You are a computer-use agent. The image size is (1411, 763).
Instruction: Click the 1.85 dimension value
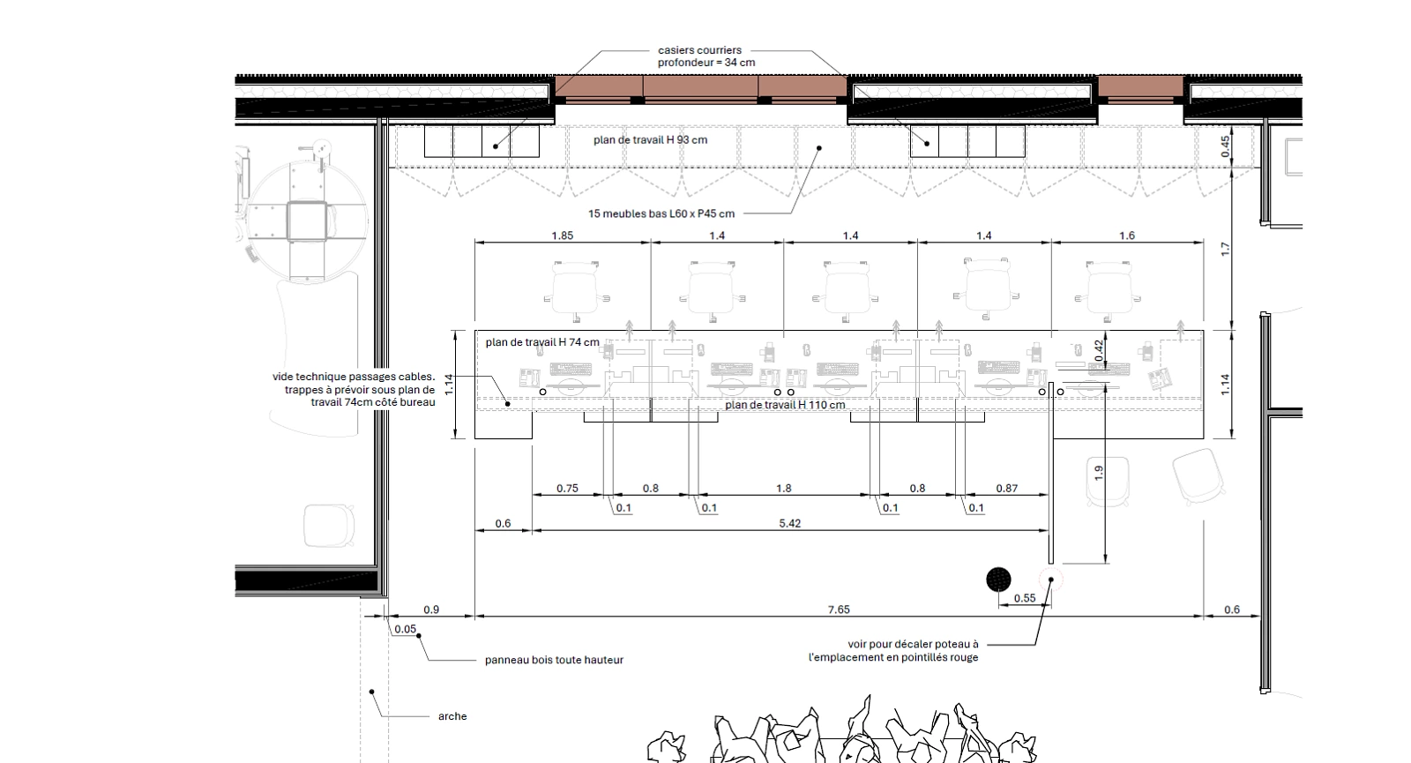[562, 236]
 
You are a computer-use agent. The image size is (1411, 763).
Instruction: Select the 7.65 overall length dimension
[839, 610]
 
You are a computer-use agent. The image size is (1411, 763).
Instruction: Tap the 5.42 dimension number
[789, 524]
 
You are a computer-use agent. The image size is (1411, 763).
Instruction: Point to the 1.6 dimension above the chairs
[1126, 236]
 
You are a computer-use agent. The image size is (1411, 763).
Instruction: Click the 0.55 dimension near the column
[1025, 598]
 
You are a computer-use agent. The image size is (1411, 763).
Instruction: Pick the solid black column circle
[998, 580]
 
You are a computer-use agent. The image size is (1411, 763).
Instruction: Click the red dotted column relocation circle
[1050, 580]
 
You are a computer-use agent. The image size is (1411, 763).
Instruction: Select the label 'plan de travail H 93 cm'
[650, 140]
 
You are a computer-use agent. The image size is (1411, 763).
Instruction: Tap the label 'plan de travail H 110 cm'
[785, 405]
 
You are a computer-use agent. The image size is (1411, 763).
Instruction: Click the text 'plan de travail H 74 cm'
[542, 342]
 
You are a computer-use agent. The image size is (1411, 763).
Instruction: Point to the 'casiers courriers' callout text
[699, 50]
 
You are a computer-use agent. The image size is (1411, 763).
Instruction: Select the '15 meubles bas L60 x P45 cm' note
[661, 213]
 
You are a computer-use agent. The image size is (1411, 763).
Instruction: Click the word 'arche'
[452, 716]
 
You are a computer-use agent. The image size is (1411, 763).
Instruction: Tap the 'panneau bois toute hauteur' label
[554, 660]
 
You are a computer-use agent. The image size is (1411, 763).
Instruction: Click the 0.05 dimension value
[406, 629]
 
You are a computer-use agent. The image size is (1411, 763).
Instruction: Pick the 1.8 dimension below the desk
[784, 489]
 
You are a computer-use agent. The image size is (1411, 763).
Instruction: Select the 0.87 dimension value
[1006, 489]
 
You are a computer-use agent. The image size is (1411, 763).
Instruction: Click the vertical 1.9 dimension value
[1099, 473]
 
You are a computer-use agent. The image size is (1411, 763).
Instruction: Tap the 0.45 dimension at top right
[1225, 146]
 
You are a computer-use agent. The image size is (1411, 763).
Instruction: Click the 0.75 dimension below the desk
[567, 489]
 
